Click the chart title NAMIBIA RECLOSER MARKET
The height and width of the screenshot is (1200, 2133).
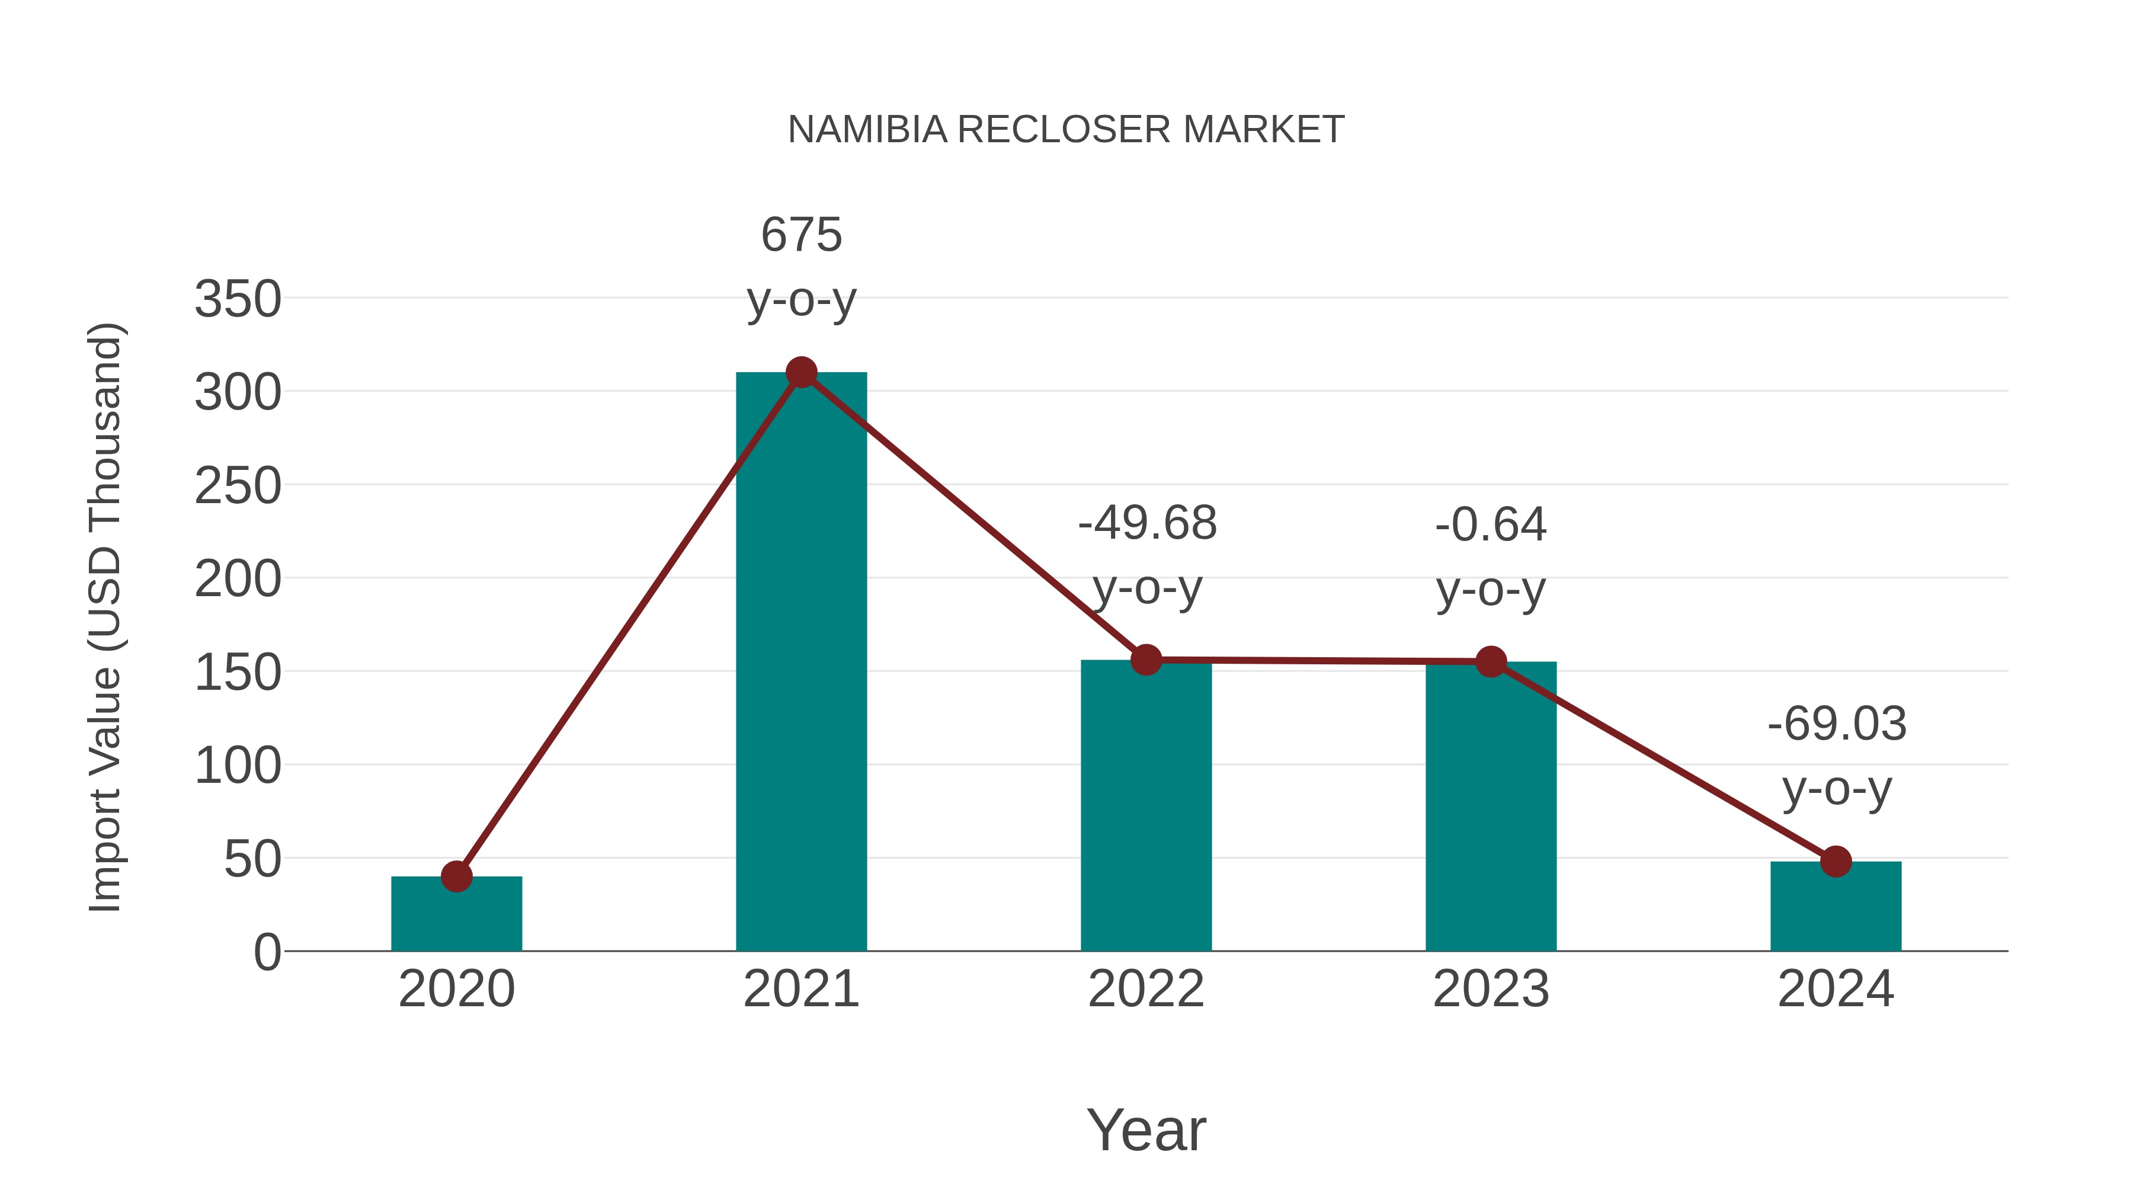(x=1066, y=129)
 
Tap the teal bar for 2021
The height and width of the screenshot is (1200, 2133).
(x=800, y=663)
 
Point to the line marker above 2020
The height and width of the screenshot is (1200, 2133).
(x=456, y=876)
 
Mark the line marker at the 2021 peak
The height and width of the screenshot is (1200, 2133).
(x=800, y=373)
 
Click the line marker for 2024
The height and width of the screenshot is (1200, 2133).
(x=1836, y=861)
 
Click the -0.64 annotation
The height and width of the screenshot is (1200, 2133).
(x=1491, y=524)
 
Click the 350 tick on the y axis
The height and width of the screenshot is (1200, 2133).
(x=238, y=299)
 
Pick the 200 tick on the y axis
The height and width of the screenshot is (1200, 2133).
(x=238, y=579)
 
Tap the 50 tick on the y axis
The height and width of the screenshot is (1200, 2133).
(x=252, y=859)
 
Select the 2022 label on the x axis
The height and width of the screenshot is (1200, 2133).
(x=1146, y=989)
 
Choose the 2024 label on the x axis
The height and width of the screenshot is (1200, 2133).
(x=1836, y=989)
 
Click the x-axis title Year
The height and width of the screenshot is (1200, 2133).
(x=1146, y=1129)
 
